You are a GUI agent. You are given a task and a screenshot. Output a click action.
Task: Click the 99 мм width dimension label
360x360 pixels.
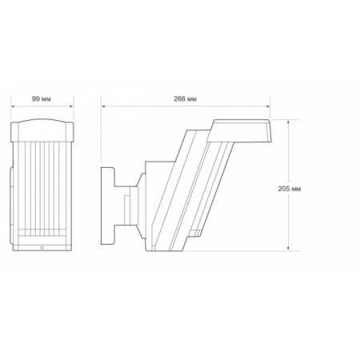coord(42,99)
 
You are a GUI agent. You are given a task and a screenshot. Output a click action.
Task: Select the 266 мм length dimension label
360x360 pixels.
coord(186,99)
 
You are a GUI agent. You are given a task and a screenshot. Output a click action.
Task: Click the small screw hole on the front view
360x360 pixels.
coord(42,247)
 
